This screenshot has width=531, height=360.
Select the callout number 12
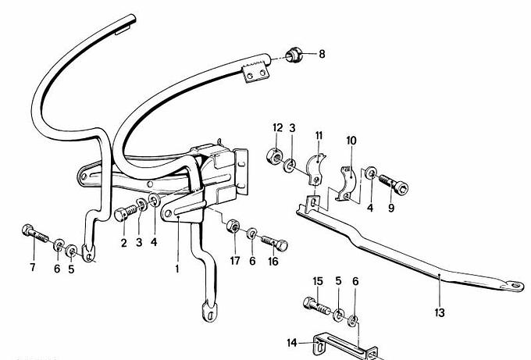tap(277, 128)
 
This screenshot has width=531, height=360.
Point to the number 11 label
tap(319, 135)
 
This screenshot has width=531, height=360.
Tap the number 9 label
tap(392, 209)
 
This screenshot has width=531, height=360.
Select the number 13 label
tap(440, 312)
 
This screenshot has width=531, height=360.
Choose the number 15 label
tap(318, 281)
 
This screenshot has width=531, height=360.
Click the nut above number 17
tap(233, 227)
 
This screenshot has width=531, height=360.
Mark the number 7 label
tap(32, 269)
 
